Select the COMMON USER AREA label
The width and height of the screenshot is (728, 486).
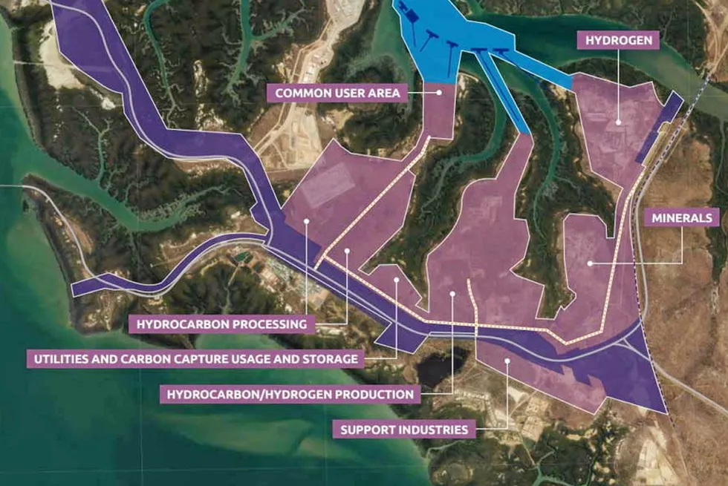click(x=338, y=93)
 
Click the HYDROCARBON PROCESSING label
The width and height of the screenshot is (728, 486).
click(x=218, y=324)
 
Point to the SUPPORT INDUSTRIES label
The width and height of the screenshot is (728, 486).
click(x=404, y=429)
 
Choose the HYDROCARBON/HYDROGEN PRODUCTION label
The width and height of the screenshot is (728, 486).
click(x=289, y=394)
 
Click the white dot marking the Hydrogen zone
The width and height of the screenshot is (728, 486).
click(x=618, y=121)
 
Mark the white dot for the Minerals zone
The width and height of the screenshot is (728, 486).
click(x=590, y=262)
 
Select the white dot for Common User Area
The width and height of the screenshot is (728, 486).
click(x=441, y=93)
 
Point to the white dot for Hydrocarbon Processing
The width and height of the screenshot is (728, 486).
click(x=306, y=220)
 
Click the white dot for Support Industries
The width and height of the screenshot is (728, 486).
click(x=507, y=361)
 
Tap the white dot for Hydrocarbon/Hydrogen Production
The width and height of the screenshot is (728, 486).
click(x=452, y=295)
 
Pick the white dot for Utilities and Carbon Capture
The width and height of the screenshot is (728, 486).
click(x=397, y=280)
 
